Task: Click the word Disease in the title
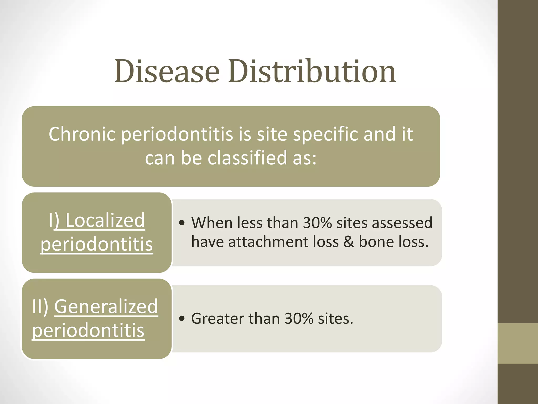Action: pyautogui.click(x=167, y=71)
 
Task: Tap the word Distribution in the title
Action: pyautogui.click(x=312, y=71)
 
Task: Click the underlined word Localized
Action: pyautogui.click(x=105, y=220)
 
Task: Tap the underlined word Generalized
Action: pyautogui.click(x=106, y=306)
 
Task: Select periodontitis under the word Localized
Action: pyautogui.click(x=96, y=244)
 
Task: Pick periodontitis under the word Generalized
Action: pyautogui.click(x=88, y=330)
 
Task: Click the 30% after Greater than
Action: pyautogui.click(x=299, y=319)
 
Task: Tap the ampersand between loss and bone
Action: pyautogui.click(x=349, y=242)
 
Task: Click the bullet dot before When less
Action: pyautogui.click(x=182, y=223)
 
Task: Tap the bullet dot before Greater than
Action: pyautogui.click(x=182, y=319)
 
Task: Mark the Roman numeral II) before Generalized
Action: pyautogui.click(x=40, y=306)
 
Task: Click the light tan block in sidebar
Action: pyautogui.click(x=518, y=343)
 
